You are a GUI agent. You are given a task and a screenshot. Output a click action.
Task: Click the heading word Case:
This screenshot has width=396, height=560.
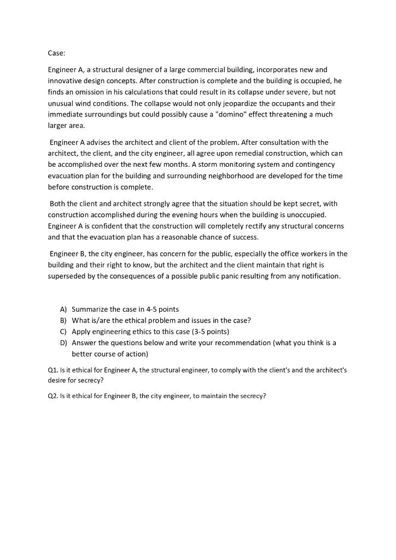pyautogui.click(x=56, y=53)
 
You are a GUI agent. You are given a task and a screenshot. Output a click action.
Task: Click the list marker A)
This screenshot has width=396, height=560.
pyautogui.click(x=63, y=310)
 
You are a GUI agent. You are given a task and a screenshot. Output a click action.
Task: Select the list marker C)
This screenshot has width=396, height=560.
pyautogui.click(x=63, y=331)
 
